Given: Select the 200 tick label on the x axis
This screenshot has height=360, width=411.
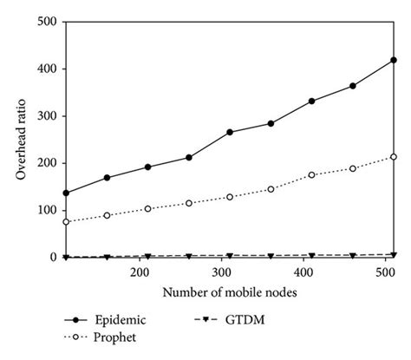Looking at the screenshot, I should (x=139, y=272).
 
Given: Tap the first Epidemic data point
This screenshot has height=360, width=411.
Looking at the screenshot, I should (x=66, y=193).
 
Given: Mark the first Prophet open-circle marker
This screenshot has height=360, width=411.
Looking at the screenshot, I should (x=66, y=222).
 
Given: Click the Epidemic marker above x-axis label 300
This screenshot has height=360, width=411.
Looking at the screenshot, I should (x=230, y=132).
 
